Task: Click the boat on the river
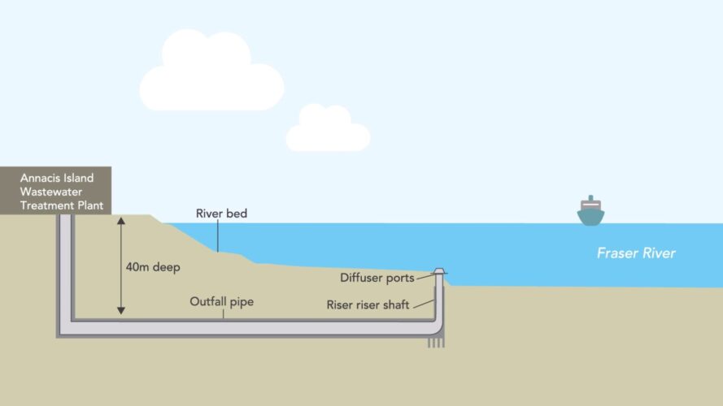tap(590, 211)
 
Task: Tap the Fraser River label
tap(636, 253)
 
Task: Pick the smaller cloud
tap(327, 130)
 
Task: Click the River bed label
tap(221, 214)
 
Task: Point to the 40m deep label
tap(155, 266)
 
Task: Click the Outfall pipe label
tap(222, 301)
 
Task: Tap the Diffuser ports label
tap(377, 278)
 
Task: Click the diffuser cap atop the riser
tap(439, 271)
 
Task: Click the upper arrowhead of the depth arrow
tap(121, 221)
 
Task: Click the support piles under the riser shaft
tap(437, 343)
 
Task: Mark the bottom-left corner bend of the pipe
tap(63, 328)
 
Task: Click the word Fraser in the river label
tap(616, 253)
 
